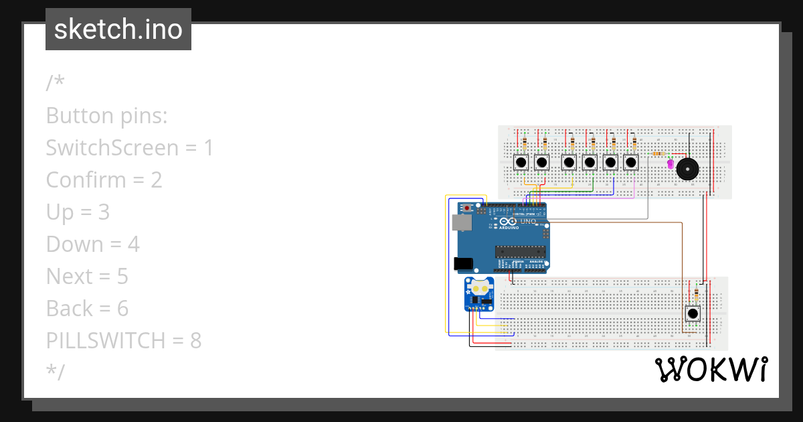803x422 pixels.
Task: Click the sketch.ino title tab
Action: [118, 29]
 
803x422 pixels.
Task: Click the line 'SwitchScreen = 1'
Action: [129, 148]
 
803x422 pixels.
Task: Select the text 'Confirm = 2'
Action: [104, 180]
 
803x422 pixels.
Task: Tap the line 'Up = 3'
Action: [78, 212]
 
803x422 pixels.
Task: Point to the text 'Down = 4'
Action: [92, 244]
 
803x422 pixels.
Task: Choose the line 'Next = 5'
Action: [87, 277]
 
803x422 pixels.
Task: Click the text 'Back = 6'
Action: [87, 309]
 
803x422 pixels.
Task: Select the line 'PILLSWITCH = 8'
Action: [124, 341]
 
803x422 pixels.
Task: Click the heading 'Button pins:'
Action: [106, 116]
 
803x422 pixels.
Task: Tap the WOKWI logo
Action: [711, 370]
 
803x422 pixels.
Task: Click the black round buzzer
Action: [687, 169]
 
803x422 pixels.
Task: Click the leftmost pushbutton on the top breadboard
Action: [521, 162]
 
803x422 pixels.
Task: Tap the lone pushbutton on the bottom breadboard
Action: [693, 313]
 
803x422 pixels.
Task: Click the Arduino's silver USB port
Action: [461, 223]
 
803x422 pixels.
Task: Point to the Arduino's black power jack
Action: [463, 264]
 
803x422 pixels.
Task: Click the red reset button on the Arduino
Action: [467, 208]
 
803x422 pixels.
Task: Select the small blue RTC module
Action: [479, 294]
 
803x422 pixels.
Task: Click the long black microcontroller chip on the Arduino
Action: [521, 251]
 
